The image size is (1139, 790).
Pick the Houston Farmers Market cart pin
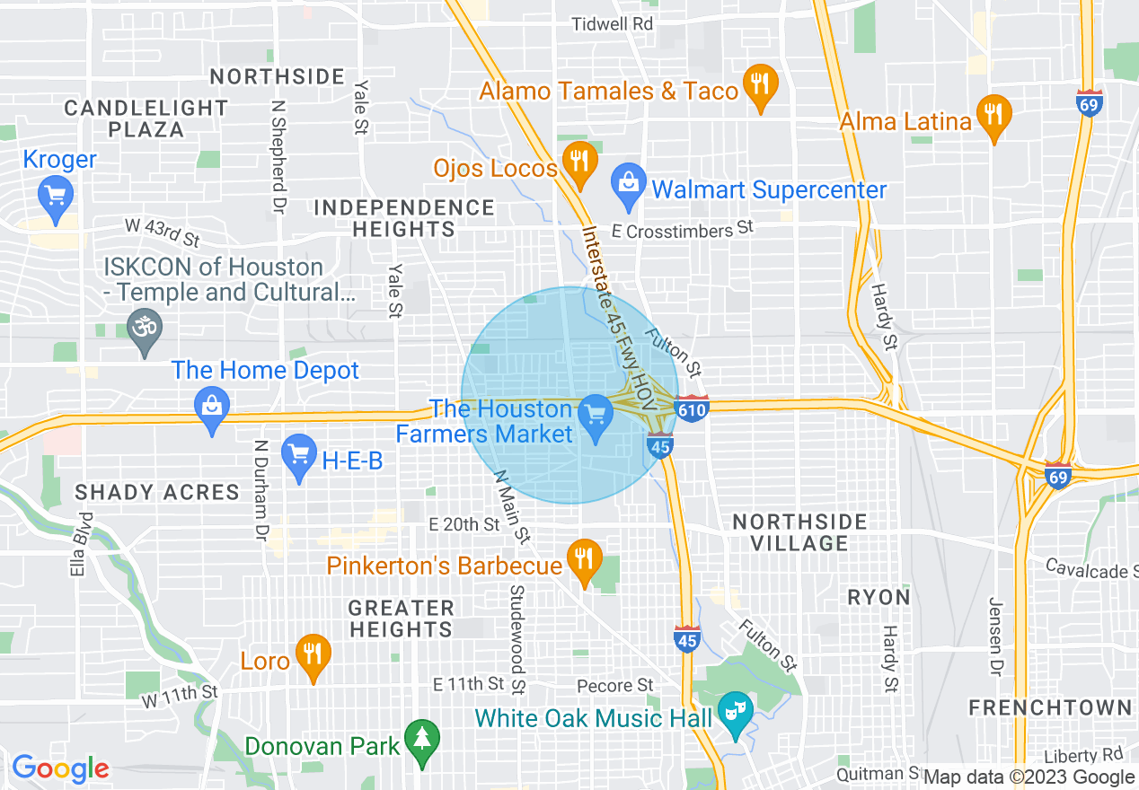[595, 416]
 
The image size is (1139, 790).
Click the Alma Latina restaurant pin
[993, 115]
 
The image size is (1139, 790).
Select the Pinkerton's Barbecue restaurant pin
[585, 560]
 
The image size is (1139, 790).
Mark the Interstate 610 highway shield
[693, 408]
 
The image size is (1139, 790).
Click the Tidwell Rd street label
[613, 24]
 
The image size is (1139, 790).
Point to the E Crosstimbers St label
[682, 231]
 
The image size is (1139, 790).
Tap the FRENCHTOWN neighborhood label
[1049, 707]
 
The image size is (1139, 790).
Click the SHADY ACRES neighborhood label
[157, 492]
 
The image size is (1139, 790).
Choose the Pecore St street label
[616, 686]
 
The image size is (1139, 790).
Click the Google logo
[60, 768]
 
